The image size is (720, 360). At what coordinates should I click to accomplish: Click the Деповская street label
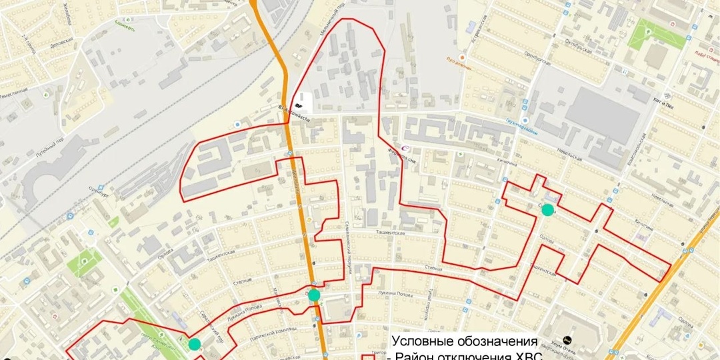point(61,43)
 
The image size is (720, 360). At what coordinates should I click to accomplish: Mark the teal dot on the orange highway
point(314,295)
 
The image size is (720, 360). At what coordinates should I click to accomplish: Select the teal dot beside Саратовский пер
point(194,344)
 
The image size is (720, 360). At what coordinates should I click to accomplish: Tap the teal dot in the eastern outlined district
point(547,211)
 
